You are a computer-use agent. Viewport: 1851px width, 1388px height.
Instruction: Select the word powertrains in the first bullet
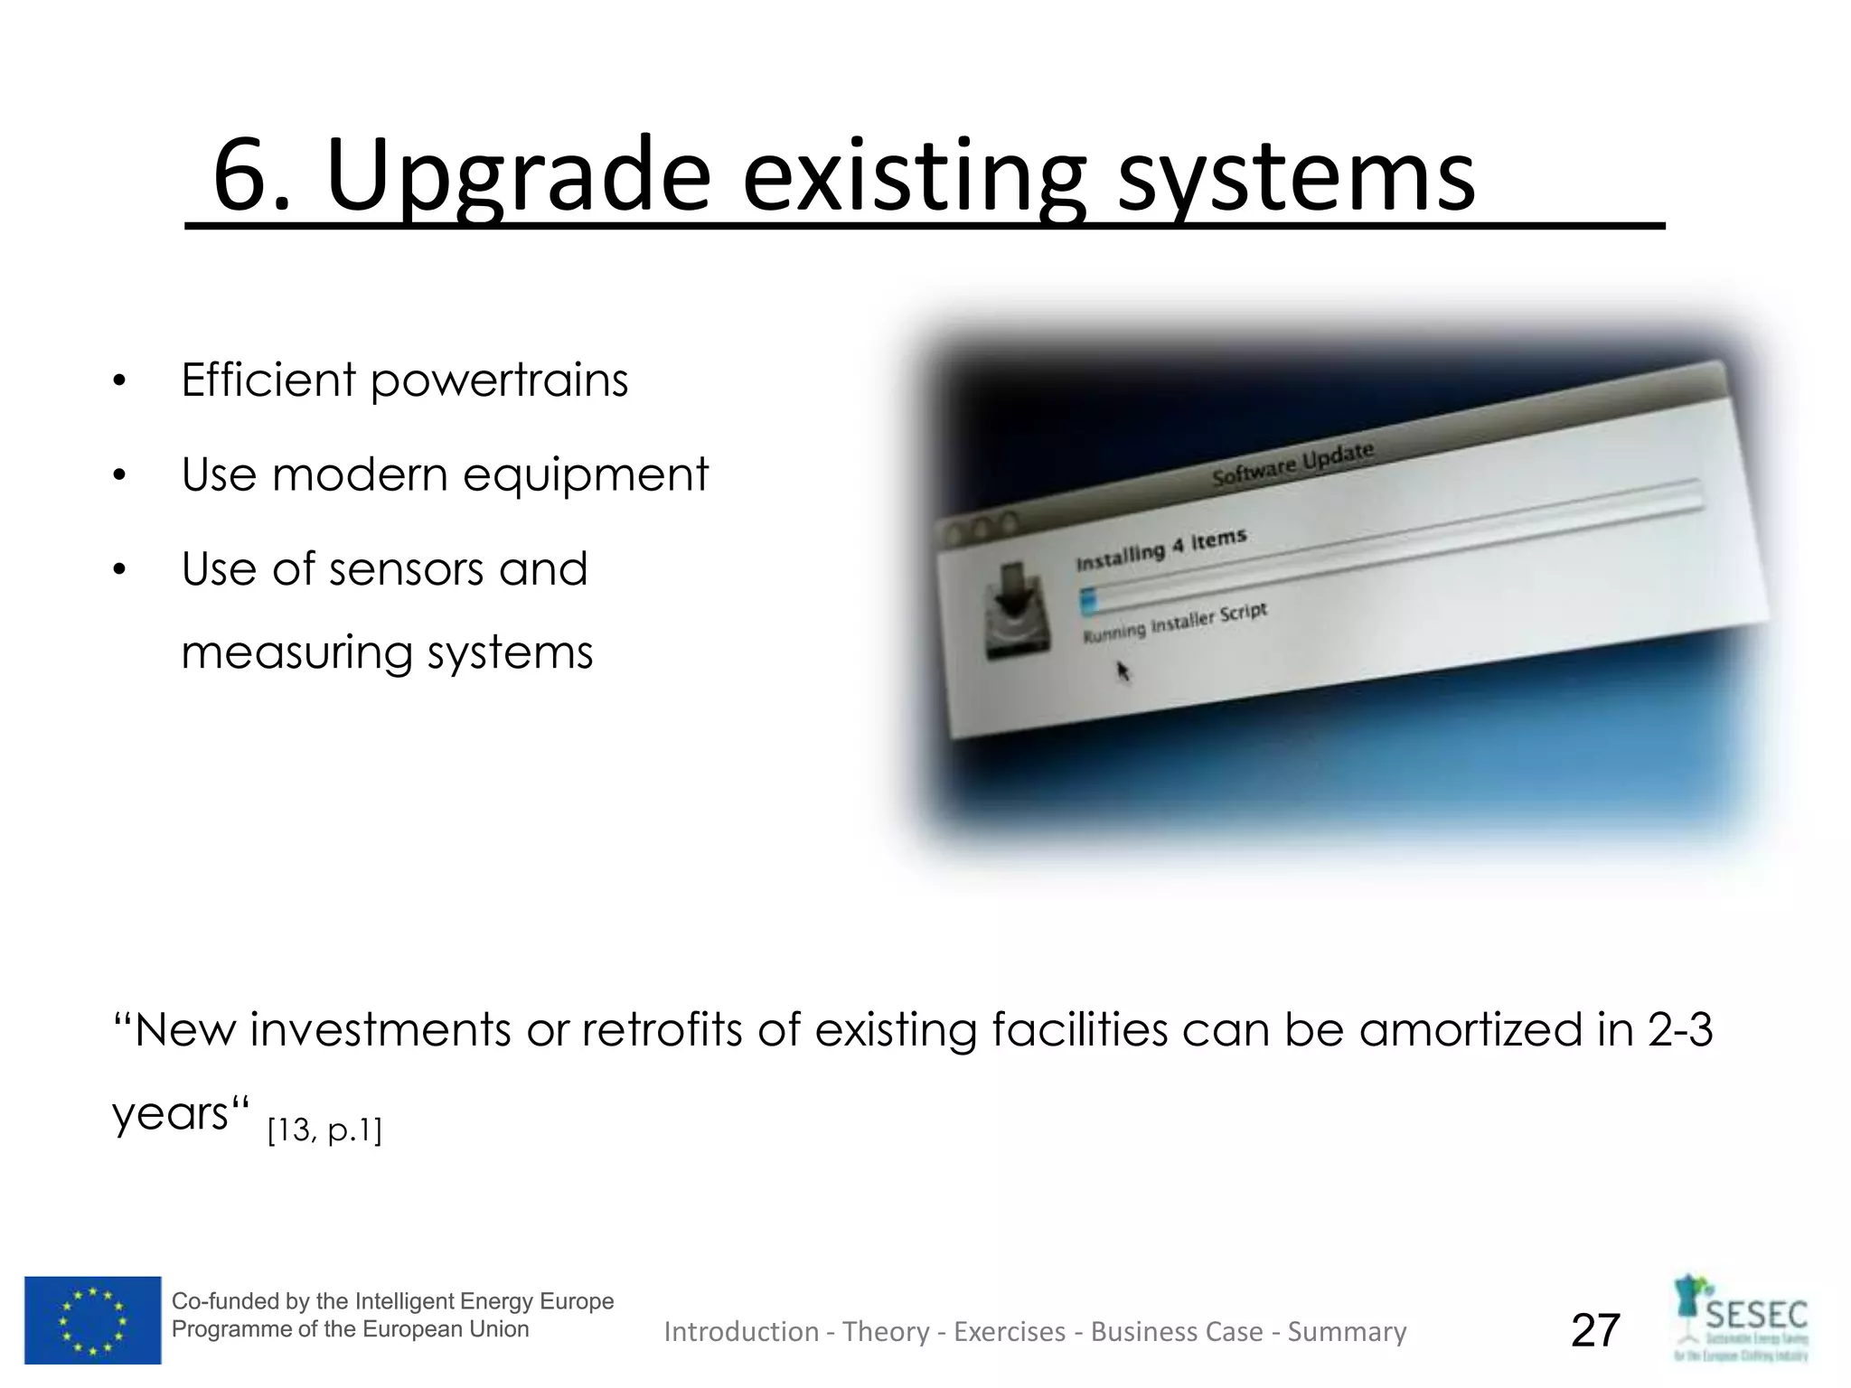click(499, 380)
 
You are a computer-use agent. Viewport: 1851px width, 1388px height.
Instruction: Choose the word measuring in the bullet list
click(296, 653)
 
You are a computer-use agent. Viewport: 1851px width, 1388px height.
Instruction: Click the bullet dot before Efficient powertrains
click(119, 381)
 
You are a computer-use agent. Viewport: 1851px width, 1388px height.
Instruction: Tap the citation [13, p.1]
click(324, 1130)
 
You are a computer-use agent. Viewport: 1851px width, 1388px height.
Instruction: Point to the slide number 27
click(1595, 1330)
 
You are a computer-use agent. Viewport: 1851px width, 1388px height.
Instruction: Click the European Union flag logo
click(92, 1319)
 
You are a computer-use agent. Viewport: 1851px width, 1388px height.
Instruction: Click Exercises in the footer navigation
click(1010, 1332)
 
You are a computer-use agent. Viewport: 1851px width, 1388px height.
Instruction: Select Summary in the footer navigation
click(1347, 1332)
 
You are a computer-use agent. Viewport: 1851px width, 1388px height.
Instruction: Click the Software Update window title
click(1292, 464)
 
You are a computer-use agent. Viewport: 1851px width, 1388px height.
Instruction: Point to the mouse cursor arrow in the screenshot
click(1123, 671)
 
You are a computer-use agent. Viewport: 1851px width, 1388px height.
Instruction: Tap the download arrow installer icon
click(1017, 609)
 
